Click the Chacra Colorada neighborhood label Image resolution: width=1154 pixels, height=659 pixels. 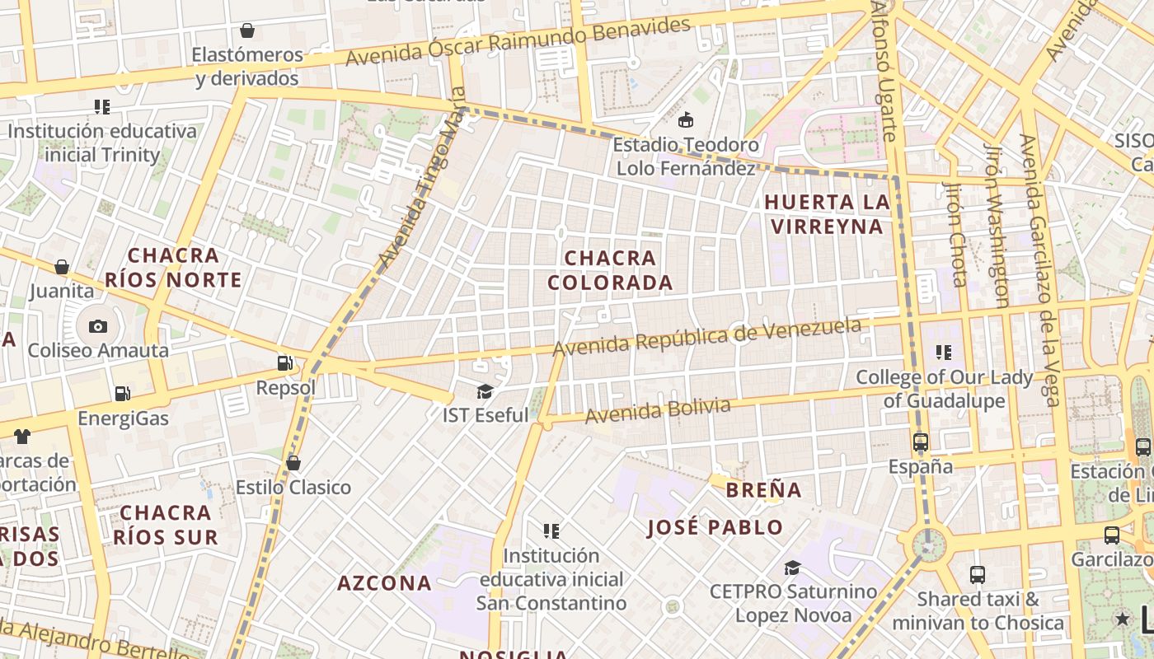point(610,270)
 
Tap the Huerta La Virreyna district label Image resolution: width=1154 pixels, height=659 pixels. point(827,214)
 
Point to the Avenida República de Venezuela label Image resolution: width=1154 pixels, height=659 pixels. point(706,337)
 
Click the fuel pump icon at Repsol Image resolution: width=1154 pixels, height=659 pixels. point(284,362)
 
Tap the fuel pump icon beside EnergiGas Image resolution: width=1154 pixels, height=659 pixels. point(122,394)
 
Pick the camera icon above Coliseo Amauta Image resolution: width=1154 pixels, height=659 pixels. point(98,326)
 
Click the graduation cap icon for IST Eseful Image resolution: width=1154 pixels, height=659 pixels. point(485,391)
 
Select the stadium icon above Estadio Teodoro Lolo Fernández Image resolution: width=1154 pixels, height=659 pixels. point(685,121)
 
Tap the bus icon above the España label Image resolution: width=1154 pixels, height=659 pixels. point(921,442)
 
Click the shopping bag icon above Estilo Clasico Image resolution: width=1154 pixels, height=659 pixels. point(293,463)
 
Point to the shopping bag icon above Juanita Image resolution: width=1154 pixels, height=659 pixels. point(62,267)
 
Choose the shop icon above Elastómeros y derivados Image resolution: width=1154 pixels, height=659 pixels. point(246,31)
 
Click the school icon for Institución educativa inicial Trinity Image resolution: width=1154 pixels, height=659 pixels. point(102,106)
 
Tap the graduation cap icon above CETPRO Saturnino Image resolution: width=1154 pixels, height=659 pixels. point(792,568)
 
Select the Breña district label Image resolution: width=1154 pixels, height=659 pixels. point(763,490)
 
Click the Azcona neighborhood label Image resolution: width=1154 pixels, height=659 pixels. point(384,583)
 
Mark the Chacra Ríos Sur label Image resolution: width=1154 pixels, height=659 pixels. point(166,525)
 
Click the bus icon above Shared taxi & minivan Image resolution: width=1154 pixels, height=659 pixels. point(978,574)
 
